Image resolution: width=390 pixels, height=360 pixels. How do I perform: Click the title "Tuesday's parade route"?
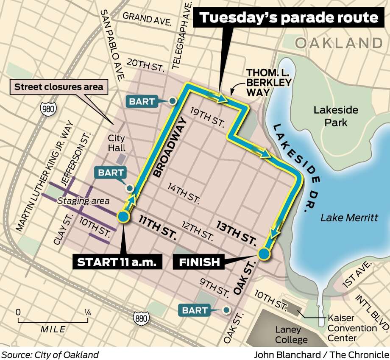click(x=289, y=18)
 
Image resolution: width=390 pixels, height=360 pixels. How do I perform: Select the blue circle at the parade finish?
click(x=264, y=254)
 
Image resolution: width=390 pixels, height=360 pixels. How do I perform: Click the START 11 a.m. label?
click(x=120, y=262)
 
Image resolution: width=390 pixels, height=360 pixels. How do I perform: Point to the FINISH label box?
click(x=199, y=262)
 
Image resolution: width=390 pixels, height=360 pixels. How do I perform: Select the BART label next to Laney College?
click(x=195, y=310)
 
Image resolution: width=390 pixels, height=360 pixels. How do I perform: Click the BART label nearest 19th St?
click(x=142, y=101)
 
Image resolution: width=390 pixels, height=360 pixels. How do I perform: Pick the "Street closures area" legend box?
click(x=59, y=87)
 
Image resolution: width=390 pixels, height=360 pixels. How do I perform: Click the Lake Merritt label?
click(x=349, y=218)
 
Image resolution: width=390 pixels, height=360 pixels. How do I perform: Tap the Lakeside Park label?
click(x=336, y=116)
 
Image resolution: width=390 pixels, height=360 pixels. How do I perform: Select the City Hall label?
click(x=117, y=143)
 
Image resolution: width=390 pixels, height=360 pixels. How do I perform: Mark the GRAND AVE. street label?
click(x=147, y=18)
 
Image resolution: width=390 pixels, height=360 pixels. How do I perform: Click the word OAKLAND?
click(x=339, y=43)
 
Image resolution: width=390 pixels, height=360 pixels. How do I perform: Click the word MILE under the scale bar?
click(x=53, y=329)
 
